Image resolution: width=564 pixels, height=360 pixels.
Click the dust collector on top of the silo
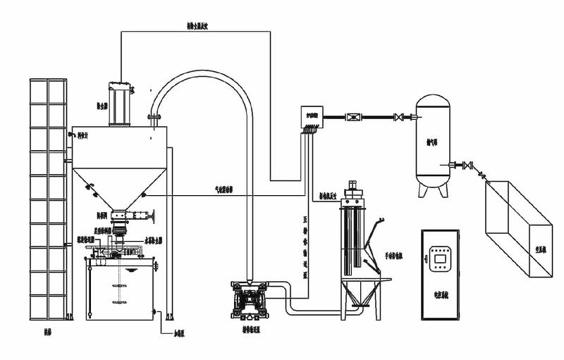tap(121, 104)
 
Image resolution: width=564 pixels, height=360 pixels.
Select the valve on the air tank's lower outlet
tap(466, 166)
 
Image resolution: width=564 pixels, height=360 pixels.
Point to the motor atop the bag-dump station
tap(352, 191)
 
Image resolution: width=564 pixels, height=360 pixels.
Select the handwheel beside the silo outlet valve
tap(150, 215)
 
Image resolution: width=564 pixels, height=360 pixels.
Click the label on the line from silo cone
tap(226, 190)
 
